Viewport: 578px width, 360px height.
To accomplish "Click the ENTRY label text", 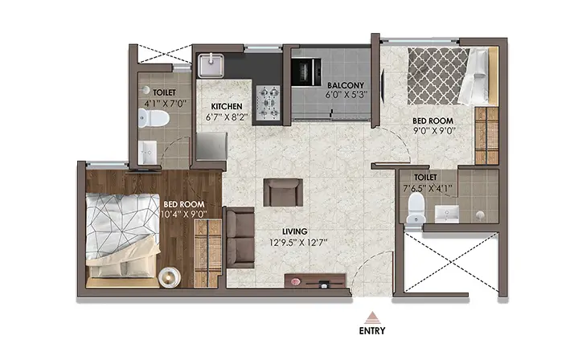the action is (372, 330).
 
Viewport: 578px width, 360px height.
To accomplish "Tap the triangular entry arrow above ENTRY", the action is (372, 317).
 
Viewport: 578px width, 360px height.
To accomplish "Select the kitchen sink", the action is (211, 66).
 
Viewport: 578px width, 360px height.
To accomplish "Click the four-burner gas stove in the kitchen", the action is (268, 103).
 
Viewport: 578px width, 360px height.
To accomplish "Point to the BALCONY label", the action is (346, 85).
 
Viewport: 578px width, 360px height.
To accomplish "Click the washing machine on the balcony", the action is (306, 72).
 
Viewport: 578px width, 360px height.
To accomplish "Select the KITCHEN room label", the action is (227, 107).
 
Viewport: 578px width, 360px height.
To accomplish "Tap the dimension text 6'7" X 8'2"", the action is (227, 117).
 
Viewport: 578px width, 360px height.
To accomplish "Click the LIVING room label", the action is (294, 231).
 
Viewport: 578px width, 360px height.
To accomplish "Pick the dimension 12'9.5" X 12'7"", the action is (298, 243).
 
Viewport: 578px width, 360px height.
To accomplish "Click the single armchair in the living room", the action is (283, 192).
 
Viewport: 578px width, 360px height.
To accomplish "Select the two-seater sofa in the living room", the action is (240, 237).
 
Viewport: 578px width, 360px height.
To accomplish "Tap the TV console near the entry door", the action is (315, 280).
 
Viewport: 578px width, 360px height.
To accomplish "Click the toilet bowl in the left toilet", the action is (154, 118).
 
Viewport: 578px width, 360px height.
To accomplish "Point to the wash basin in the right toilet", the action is (447, 214).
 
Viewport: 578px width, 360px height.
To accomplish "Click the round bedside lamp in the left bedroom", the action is (170, 277).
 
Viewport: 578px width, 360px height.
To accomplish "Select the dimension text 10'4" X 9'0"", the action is (184, 214).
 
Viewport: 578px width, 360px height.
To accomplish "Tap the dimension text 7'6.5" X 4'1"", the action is (428, 189).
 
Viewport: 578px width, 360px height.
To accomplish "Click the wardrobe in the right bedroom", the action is (486, 136).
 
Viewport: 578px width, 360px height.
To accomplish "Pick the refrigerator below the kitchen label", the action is (211, 146).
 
